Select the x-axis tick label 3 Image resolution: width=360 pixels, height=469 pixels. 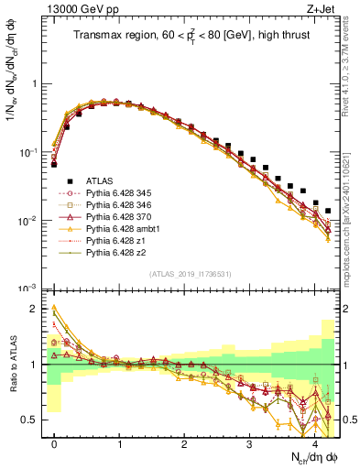pos(249,443)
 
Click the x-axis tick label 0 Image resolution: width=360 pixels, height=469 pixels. pos(54,443)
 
